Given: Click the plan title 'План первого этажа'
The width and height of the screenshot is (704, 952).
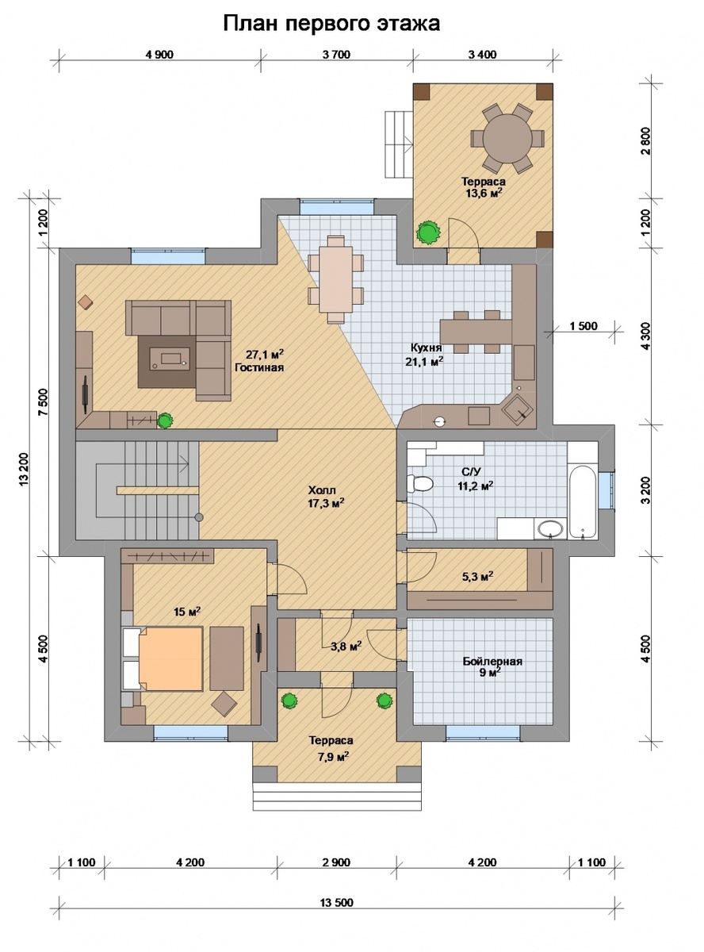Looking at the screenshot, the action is click(331, 24).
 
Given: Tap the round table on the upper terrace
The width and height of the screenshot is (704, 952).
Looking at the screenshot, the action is click(507, 138).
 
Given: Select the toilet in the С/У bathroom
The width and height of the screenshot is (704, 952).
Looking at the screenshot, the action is click(419, 484).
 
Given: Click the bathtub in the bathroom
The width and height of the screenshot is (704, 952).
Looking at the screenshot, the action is click(582, 501).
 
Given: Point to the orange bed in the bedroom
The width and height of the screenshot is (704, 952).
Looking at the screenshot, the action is click(170, 658).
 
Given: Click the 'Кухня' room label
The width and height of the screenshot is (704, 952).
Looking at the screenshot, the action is click(426, 347).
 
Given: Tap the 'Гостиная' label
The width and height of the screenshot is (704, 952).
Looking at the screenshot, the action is click(259, 367).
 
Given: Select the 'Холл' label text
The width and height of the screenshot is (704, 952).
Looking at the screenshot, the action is click(322, 490).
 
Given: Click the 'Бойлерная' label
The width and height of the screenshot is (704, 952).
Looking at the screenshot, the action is click(492, 662).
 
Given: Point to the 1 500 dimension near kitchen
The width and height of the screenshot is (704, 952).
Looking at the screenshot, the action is click(583, 326).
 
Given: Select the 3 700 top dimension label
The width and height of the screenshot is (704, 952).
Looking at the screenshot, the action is click(336, 55).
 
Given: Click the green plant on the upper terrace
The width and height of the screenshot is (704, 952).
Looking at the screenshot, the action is click(428, 232).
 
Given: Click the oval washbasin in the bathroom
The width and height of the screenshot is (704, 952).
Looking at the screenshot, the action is click(550, 529).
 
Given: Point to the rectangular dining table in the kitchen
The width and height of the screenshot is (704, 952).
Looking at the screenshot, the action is click(336, 279).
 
